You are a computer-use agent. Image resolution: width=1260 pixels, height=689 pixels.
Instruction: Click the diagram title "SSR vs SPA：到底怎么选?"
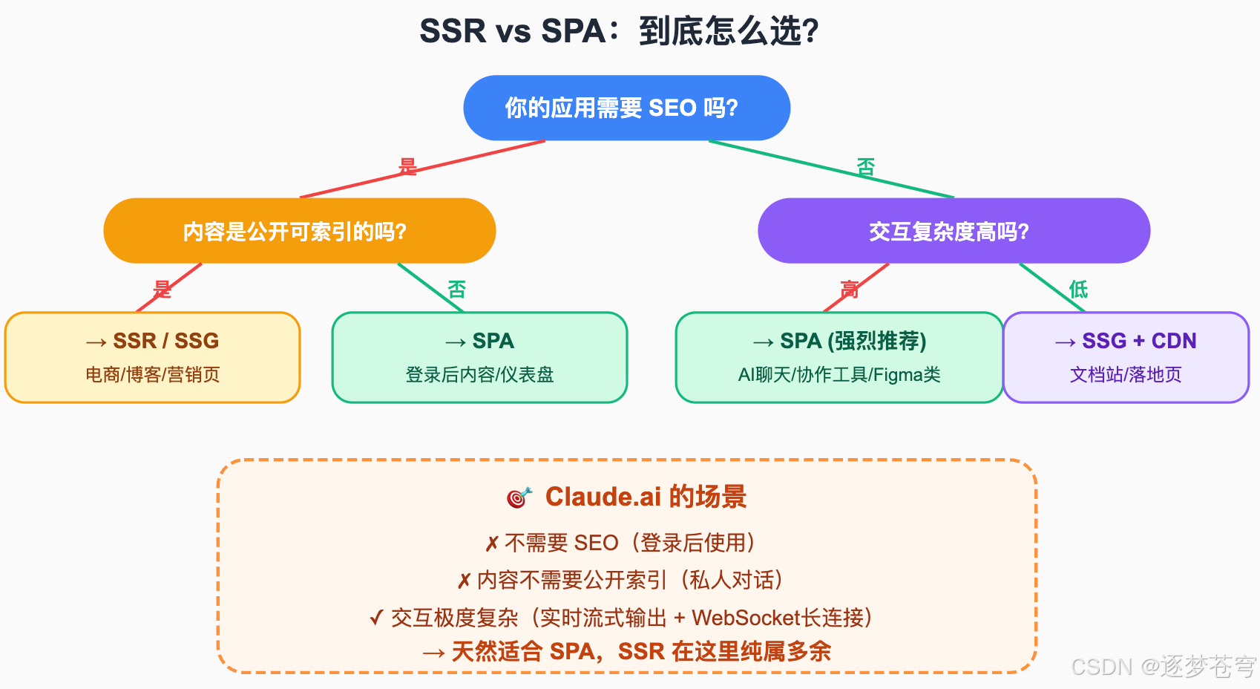(619, 31)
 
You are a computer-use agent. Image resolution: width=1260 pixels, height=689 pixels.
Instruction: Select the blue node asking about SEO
(626, 108)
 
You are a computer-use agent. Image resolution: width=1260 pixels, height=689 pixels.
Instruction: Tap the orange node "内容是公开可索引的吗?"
(299, 231)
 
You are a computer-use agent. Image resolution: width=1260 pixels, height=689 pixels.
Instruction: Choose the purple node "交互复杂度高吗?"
(954, 231)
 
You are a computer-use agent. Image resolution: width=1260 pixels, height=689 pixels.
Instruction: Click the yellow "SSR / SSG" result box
(152, 357)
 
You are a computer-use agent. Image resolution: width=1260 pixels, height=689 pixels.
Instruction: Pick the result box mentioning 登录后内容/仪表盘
(479, 357)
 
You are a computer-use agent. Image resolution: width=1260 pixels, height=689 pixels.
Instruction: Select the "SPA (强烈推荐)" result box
(839, 357)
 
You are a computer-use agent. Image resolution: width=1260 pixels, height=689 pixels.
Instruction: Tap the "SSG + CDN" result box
(1126, 357)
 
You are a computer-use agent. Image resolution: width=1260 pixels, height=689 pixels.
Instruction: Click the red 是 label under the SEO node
(407, 166)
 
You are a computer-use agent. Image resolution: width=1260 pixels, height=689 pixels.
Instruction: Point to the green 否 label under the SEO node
(865, 166)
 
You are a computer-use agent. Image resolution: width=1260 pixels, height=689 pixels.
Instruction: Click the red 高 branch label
(849, 289)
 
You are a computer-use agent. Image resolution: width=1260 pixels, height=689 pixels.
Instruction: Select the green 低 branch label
(1078, 289)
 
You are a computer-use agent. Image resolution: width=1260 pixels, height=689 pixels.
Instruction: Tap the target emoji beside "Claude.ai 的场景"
(519, 497)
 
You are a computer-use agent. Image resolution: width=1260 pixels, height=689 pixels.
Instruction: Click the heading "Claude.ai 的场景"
(646, 497)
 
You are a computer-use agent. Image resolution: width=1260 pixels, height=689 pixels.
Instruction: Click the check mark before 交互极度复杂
(376, 617)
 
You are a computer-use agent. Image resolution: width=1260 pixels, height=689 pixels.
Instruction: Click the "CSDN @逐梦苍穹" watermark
(1163, 666)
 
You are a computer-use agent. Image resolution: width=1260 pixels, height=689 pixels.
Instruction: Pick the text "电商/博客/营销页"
(152, 374)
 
